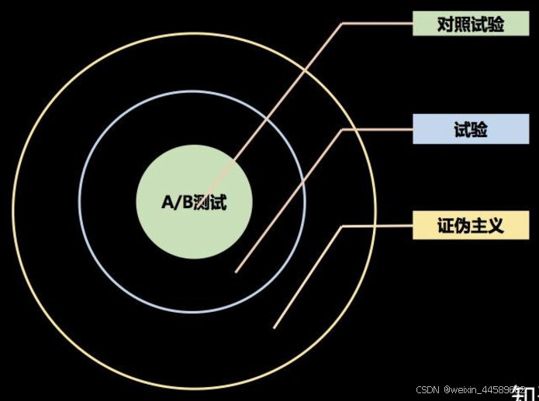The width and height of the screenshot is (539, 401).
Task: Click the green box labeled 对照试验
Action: pos(470,24)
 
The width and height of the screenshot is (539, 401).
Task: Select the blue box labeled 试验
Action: pos(470,129)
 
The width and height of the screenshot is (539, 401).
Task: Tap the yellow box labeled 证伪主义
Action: pos(470,225)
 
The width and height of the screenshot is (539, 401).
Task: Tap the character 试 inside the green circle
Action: pos(219,203)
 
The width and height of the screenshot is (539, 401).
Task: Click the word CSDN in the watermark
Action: pos(428,390)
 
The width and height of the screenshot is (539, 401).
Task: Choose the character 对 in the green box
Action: pos(445,24)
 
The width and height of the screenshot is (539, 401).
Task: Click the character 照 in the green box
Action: pos(462,24)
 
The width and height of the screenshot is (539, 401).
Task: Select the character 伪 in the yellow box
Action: pos(462,225)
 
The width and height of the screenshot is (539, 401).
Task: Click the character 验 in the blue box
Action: pos(479,129)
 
